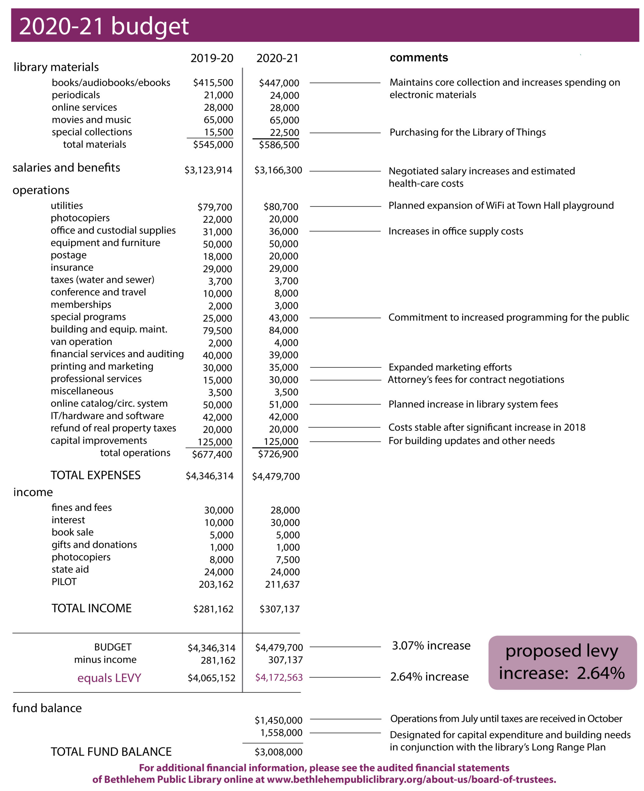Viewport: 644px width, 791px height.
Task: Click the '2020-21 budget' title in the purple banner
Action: [104, 26]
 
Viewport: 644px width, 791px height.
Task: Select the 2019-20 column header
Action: [212, 58]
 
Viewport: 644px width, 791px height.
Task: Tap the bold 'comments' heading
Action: [419, 58]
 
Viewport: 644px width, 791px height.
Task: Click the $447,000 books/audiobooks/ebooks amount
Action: [279, 83]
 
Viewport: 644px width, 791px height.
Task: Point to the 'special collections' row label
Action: [92, 132]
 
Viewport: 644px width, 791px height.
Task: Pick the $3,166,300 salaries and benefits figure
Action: [278, 171]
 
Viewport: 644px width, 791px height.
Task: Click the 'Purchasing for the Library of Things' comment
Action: [467, 133]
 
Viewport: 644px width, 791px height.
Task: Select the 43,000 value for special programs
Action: [283, 318]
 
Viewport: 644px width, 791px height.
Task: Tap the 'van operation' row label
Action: [81, 342]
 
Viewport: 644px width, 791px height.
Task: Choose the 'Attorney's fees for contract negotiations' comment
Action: [476, 380]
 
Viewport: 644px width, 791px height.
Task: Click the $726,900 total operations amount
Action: [278, 454]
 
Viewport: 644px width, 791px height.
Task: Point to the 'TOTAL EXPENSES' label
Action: [96, 475]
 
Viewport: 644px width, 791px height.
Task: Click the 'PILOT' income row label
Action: [64, 582]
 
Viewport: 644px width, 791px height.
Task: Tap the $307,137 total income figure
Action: [279, 609]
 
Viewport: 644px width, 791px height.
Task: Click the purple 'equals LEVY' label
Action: [109, 678]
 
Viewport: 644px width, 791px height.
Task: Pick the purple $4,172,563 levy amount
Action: [279, 678]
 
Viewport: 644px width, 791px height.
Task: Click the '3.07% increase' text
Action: [431, 646]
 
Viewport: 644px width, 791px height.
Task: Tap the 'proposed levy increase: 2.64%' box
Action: [562, 663]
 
